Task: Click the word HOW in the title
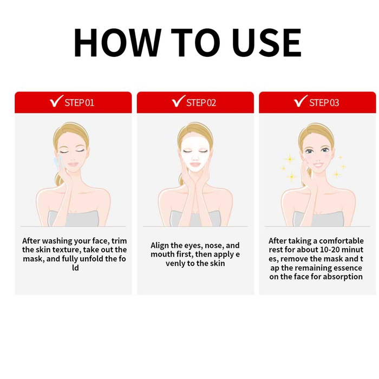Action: coord(117,43)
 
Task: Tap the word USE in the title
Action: coord(266,43)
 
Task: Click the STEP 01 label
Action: coord(79,103)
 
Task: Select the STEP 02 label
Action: coord(201,103)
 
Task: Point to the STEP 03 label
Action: coord(324,103)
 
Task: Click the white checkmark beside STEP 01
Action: coord(56,101)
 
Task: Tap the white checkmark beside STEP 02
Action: coord(178,101)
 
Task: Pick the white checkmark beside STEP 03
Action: coord(300,101)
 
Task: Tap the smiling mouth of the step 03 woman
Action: coord(318,166)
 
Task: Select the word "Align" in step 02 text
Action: coord(160,246)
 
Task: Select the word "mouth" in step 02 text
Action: coord(160,254)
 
